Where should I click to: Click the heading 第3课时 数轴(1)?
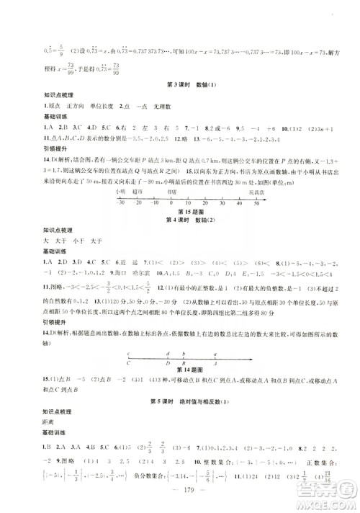(x=180, y=86)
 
